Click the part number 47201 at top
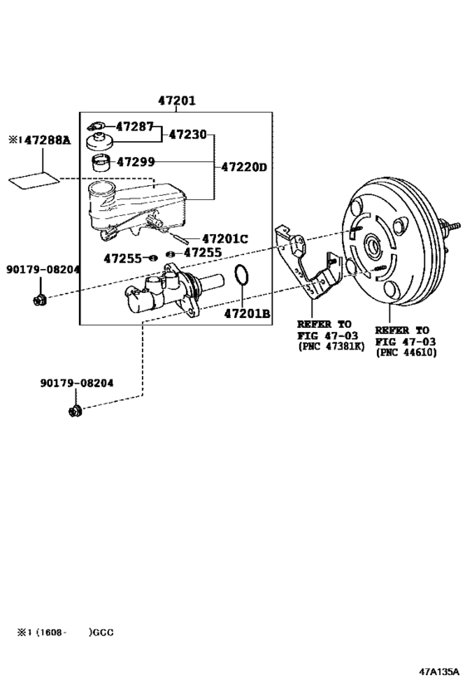(177, 101)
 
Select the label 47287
(135, 127)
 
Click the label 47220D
(244, 167)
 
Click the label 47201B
(247, 313)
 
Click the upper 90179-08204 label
(43, 269)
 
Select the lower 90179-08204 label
(76, 384)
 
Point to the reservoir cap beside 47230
(103, 139)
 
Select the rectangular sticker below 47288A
(34, 178)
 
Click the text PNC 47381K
(330, 346)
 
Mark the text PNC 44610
(407, 352)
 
